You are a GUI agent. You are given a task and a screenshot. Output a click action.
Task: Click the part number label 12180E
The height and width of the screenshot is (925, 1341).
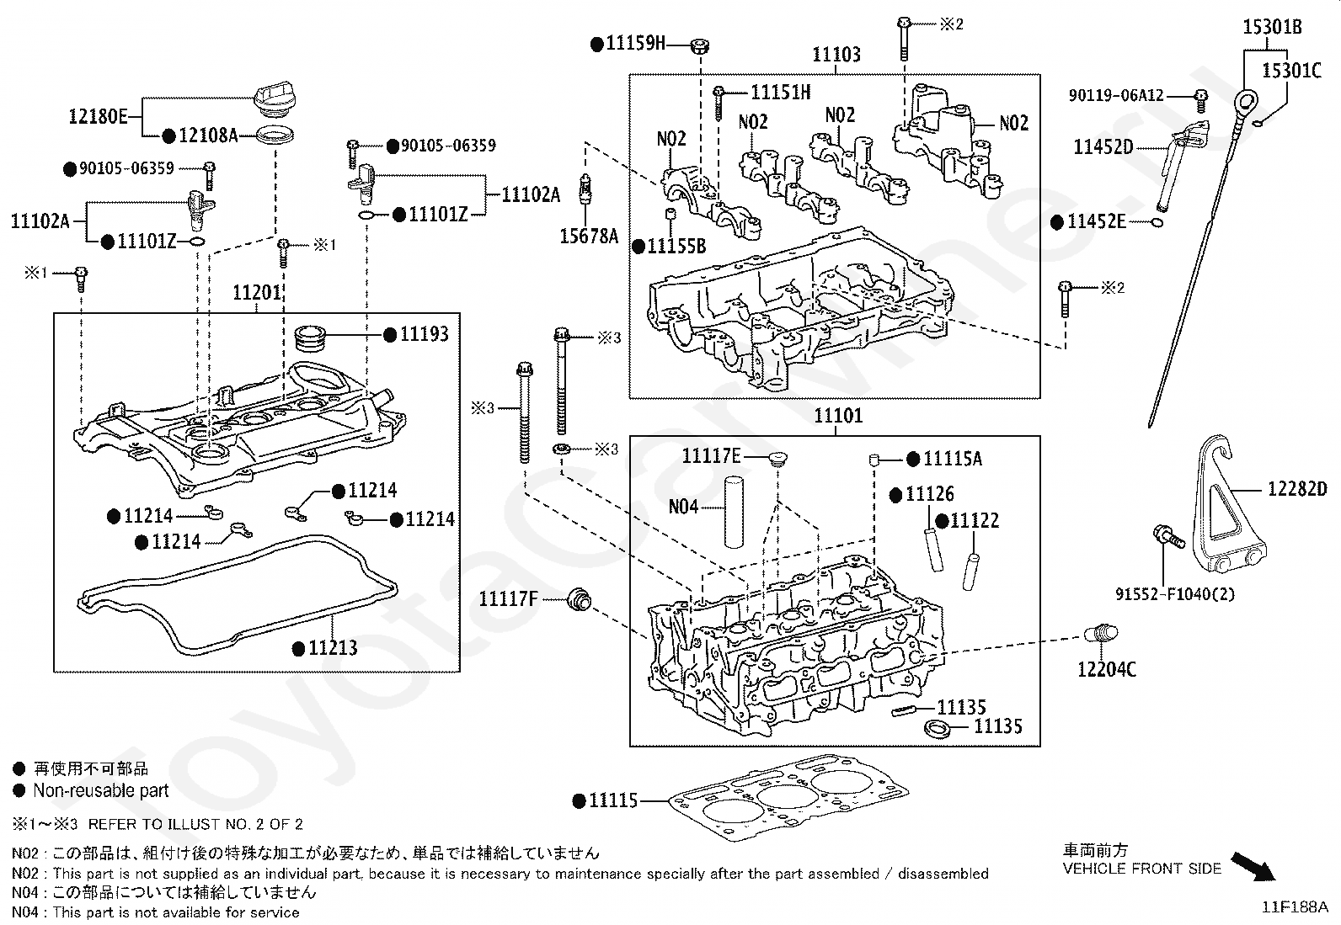coord(98,116)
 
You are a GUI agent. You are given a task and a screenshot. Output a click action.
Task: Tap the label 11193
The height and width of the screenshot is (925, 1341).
coord(424,334)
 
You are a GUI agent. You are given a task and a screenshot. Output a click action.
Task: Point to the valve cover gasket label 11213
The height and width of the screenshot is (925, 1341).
coord(333,647)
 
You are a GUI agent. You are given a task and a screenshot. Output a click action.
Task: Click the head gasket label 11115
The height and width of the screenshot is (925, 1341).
coord(613,800)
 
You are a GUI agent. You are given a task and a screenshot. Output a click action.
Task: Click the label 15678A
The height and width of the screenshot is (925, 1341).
coord(589,237)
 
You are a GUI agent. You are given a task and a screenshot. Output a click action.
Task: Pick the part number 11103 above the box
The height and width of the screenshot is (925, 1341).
coord(836,56)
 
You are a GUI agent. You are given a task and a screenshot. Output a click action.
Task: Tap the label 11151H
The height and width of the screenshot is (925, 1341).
coord(781,92)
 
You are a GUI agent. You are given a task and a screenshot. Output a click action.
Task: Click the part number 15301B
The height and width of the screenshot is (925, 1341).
coord(1273,27)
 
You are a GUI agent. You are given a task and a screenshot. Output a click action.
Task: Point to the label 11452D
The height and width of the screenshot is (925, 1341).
coord(1103,147)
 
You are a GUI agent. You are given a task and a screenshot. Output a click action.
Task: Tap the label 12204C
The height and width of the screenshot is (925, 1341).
coord(1106,669)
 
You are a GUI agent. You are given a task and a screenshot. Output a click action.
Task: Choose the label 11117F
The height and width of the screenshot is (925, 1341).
coord(508,598)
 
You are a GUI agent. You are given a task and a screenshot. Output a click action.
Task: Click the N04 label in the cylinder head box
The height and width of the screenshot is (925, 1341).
coord(683,508)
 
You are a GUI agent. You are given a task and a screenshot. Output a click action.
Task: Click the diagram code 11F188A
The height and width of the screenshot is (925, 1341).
coord(1293,907)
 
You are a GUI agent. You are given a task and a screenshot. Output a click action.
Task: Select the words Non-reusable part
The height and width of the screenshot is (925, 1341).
coord(101,790)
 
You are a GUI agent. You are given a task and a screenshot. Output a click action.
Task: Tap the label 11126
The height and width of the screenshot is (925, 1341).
coord(930,494)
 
